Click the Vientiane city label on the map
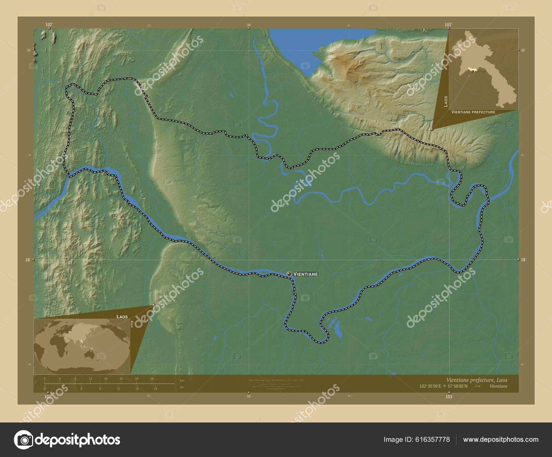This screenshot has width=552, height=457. [305, 274]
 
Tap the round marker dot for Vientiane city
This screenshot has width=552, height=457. [289, 274]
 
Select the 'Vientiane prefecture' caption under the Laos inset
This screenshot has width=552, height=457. [473, 112]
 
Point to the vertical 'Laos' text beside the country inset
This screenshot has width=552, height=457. [446, 101]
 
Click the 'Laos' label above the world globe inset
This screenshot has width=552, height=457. [122, 317]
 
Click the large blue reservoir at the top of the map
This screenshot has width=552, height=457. [293, 45]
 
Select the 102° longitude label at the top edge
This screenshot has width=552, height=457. [49, 25]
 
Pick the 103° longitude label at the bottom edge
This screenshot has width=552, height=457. [448, 397]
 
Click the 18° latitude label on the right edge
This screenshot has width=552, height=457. [523, 260]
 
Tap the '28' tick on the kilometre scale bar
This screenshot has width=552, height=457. [152, 379]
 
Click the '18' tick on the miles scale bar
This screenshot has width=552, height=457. [156, 389]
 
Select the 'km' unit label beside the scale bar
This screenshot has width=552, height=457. [182, 380]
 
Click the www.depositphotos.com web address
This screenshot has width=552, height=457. [501, 440]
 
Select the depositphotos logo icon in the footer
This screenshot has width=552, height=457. [23, 440]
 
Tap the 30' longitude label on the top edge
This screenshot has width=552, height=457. [248, 25]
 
